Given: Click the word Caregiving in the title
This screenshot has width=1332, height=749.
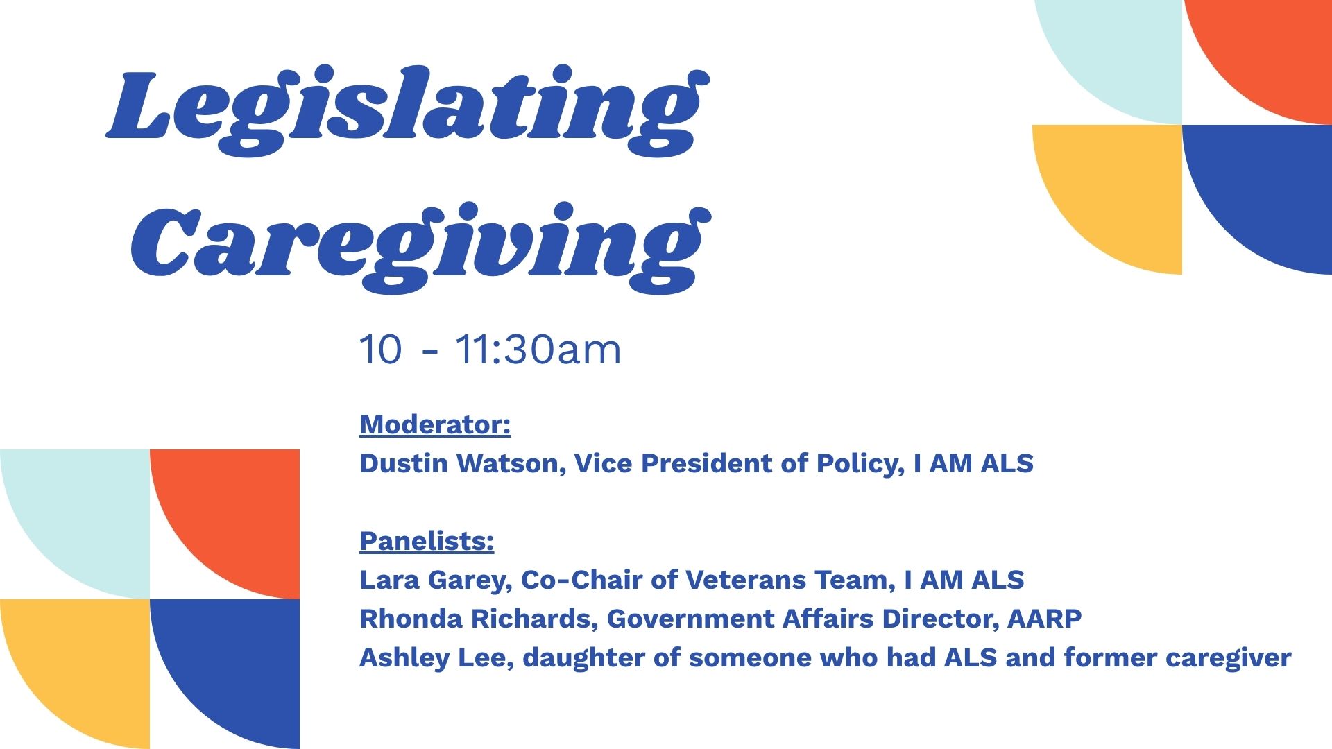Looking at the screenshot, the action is (x=421, y=249).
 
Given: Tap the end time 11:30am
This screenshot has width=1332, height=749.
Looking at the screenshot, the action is (x=538, y=350).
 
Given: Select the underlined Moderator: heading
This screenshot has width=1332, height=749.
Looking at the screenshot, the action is (x=435, y=425).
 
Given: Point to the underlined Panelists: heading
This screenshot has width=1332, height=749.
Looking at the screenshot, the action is (x=427, y=541).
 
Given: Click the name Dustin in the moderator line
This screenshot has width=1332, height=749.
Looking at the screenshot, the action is (x=404, y=463).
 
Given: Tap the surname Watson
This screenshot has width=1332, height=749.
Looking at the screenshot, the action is (x=511, y=464).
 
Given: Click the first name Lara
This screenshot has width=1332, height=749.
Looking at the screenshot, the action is (x=390, y=580).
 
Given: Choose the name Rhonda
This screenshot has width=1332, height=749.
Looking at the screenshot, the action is (x=411, y=619).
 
